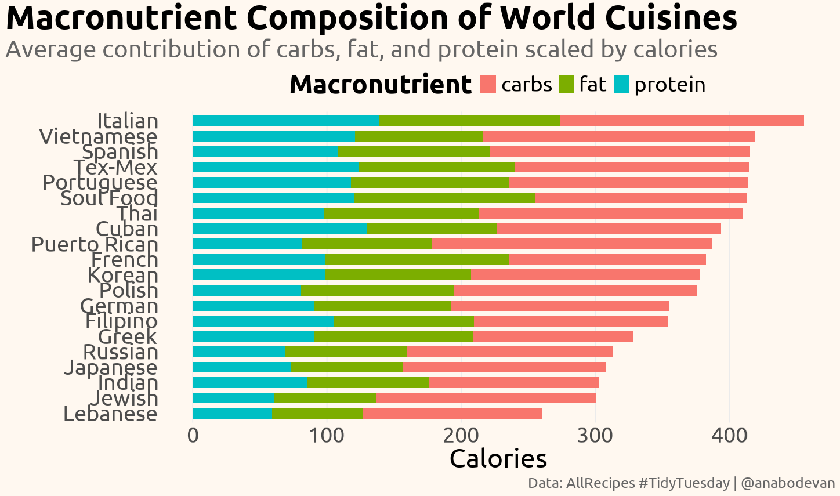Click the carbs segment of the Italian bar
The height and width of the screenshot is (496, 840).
click(x=682, y=121)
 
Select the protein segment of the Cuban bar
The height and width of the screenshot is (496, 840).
click(x=279, y=229)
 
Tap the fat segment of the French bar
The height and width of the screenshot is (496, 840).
click(x=417, y=259)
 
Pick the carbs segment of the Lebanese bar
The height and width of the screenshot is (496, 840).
click(x=452, y=414)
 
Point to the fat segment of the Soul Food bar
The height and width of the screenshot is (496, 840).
click(x=444, y=198)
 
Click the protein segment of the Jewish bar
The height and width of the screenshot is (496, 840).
click(x=233, y=398)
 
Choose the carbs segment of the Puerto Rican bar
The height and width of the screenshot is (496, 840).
click(x=571, y=244)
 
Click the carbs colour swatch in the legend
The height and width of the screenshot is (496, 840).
click(x=488, y=85)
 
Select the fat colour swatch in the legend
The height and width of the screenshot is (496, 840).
click(x=566, y=85)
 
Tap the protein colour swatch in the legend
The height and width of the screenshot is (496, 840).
click(x=621, y=85)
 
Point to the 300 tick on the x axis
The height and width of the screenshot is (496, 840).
click(x=595, y=435)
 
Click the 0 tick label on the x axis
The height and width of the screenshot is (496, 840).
click(x=193, y=435)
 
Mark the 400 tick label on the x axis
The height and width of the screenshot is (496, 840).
click(x=730, y=435)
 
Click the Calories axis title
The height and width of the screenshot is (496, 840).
click(x=498, y=459)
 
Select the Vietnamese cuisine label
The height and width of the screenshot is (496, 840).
click(x=98, y=137)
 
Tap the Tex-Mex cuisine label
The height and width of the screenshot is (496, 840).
click(x=115, y=168)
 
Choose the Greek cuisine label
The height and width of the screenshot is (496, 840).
click(x=128, y=337)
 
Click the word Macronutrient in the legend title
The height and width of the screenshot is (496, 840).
click(x=380, y=85)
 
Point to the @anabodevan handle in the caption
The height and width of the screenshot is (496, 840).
click(x=788, y=483)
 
